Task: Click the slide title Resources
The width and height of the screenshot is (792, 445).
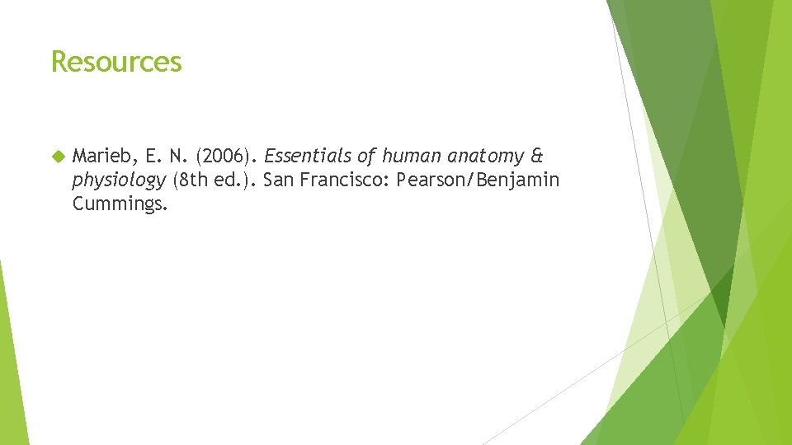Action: click(116, 62)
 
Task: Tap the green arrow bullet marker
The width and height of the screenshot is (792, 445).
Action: click(56, 157)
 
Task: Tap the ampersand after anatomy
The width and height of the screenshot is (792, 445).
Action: click(537, 157)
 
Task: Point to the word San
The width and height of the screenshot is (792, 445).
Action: click(279, 180)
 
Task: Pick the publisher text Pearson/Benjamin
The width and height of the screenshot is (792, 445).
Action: click(478, 180)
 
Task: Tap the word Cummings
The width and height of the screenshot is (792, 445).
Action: click(120, 204)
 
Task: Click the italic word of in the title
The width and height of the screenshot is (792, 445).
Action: click(364, 157)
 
